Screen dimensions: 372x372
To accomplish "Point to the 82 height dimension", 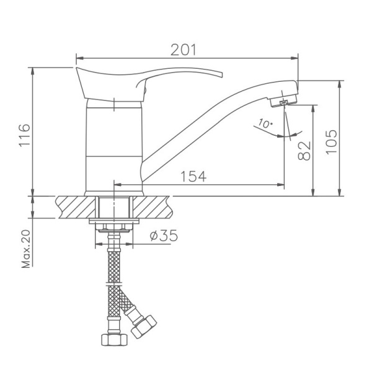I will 304,151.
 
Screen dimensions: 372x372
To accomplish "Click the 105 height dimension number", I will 331,142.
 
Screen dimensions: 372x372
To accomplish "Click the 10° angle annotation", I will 265,124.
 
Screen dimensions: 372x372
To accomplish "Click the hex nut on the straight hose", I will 113,339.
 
